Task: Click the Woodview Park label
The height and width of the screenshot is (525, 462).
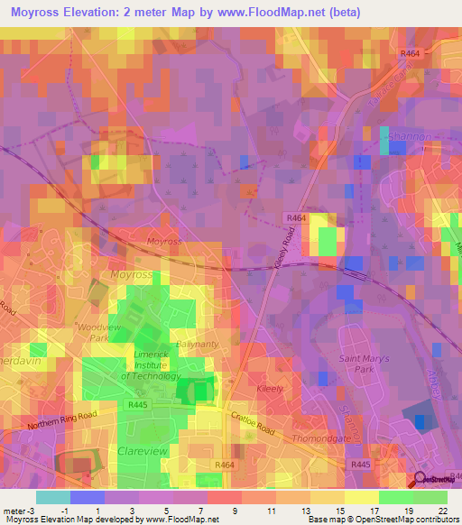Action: click(92, 331)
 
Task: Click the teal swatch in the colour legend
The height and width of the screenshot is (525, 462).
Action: click(52, 497)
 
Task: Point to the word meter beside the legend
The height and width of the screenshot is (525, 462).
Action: click(13, 511)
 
